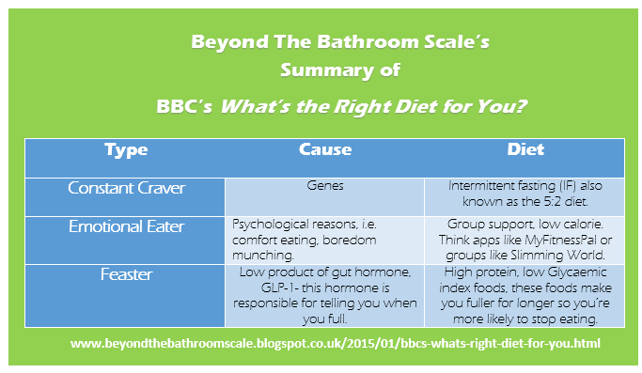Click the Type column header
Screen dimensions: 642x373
click(126, 149)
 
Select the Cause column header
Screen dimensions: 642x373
click(325, 149)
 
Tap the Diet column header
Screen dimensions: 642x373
click(525, 149)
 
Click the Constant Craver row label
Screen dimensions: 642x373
click(126, 188)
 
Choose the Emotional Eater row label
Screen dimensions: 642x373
click(126, 226)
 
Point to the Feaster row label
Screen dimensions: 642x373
click(126, 274)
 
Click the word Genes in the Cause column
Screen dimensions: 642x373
click(325, 186)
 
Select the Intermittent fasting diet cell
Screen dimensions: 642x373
click(525, 194)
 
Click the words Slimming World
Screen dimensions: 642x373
click(557, 255)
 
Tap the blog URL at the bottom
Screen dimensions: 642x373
click(335, 343)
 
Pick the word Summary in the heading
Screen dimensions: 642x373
click(327, 70)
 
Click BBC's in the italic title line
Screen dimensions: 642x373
click(184, 106)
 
